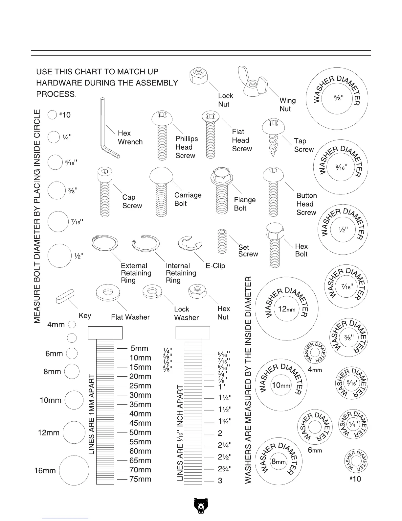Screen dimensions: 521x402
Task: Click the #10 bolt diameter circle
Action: click(52, 115)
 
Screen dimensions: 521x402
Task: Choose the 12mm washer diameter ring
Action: click(286, 309)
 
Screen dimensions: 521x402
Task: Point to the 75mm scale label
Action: click(140, 479)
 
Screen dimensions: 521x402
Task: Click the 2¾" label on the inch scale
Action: click(225, 469)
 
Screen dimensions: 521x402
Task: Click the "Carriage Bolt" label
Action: click(188, 199)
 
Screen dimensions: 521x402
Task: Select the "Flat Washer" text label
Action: click(130, 317)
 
